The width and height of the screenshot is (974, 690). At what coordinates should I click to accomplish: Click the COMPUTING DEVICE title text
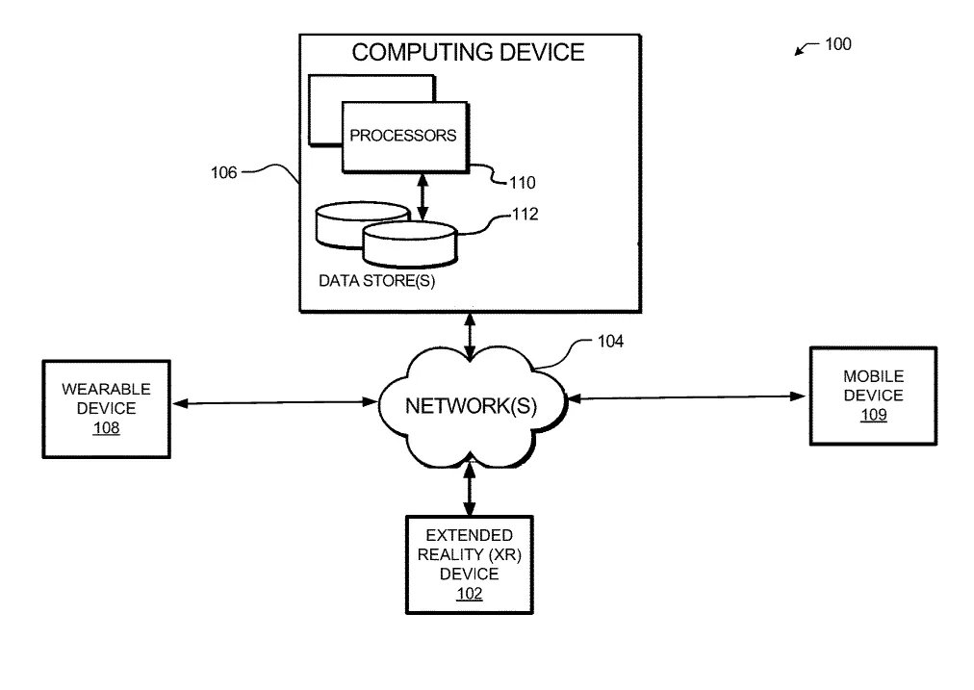click(468, 52)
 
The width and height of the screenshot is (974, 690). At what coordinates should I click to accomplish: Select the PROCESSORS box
click(405, 137)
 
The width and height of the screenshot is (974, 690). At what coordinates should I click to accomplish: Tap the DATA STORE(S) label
click(376, 281)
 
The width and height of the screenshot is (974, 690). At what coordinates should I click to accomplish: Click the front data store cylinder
click(410, 244)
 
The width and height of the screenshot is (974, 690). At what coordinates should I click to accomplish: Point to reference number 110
click(523, 183)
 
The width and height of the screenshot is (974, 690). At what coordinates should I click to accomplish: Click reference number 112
click(525, 215)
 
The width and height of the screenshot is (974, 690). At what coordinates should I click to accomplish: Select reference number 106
click(223, 172)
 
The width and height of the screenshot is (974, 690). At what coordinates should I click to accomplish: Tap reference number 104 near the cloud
click(610, 341)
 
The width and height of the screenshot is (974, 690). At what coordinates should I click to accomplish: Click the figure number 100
click(838, 44)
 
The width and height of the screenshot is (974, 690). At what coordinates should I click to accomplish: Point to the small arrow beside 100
click(807, 48)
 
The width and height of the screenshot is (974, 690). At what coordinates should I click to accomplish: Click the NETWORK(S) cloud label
click(471, 405)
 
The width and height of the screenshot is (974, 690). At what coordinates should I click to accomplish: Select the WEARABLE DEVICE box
click(106, 409)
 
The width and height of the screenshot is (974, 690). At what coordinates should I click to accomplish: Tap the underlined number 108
click(106, 428)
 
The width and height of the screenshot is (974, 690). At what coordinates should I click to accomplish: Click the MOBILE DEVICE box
click(873, 396)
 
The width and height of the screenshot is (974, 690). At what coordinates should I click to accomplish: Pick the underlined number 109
click(873, 415)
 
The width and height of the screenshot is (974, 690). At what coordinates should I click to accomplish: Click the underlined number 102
click(470, 594)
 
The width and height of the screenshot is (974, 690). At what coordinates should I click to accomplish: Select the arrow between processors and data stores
click(423, 197)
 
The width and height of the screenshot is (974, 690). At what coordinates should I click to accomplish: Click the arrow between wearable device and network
click(275, 403)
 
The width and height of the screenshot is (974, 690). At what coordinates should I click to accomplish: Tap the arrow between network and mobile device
click(686, 397)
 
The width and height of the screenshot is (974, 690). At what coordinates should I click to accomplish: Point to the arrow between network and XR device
click(470, 489)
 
